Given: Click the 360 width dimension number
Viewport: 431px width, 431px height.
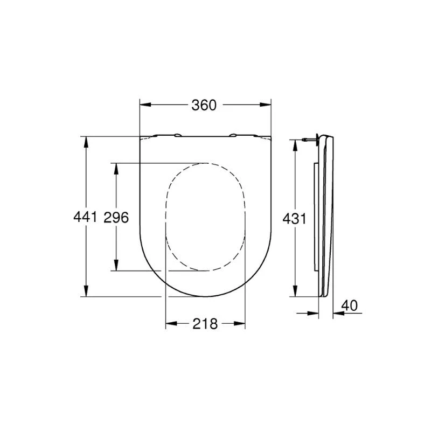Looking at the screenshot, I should click(x=204, y=105).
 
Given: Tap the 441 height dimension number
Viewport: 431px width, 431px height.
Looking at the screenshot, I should click(x=85, y=218).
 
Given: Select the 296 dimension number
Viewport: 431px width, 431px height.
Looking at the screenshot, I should click(x=116, y=218).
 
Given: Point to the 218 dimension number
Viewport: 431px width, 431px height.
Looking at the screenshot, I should click(x=205, y=324).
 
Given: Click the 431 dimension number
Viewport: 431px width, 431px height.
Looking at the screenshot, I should click(x=295, y=219).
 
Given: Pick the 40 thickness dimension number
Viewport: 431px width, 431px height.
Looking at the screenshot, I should click(x=350, y=305).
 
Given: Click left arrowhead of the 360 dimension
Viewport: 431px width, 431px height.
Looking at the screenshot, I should click(x=143, y=105).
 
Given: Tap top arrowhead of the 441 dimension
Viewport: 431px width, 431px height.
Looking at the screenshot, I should click(x=85, y=141).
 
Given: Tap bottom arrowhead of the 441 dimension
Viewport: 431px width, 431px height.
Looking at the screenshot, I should click(x=85, y=292).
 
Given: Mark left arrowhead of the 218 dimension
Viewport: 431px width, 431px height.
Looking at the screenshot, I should click(x=169, y=324).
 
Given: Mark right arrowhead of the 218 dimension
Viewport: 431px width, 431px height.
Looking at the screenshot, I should click(x=242, y=324).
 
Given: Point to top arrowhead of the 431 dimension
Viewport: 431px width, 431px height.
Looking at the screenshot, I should click(x=294, y=143).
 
